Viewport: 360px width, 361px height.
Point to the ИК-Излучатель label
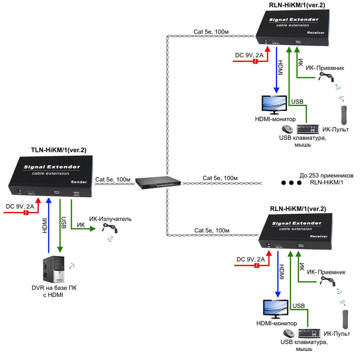tap(110, 219)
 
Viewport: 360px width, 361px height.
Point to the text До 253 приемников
tap(326, 175)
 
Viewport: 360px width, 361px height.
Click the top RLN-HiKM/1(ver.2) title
tap(297, 5)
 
